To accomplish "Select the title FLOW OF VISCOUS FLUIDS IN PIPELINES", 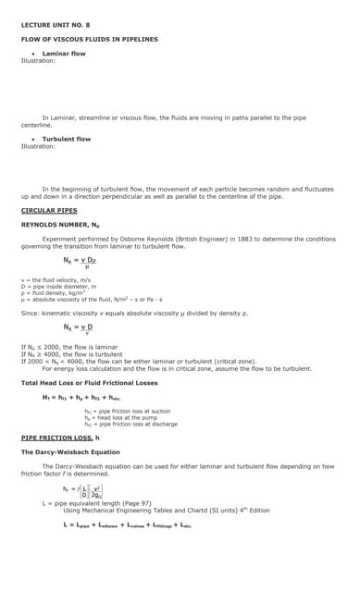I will tap(89, 40).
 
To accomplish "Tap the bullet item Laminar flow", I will tap(64, 54).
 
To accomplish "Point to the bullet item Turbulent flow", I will tap(67, 139).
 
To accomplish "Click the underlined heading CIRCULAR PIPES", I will tap(49, 210).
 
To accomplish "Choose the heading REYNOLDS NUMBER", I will tap(59, 225).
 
